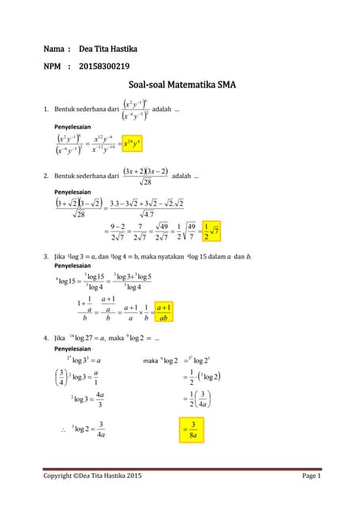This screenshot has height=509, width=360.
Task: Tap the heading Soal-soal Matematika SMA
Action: pos(182,84)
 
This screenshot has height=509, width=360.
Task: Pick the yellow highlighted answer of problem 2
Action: pos(211,231)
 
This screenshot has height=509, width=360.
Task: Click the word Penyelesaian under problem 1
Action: pos(72,126)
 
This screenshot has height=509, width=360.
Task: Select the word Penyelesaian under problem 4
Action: pos(72,348)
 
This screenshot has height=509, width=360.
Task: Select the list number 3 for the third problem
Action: pos(47,256)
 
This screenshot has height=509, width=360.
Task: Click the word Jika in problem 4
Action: pos(60,338)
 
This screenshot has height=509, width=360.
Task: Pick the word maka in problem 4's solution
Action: pos(151,361)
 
